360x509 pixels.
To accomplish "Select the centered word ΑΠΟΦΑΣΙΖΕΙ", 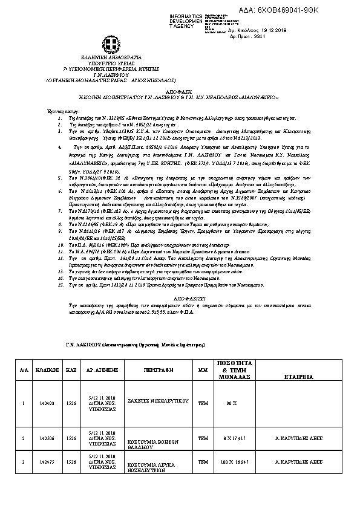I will pyautogui.click(x=179, y=299).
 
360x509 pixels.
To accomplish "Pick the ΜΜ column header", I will pyautogui.click(x=202, y=368).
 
